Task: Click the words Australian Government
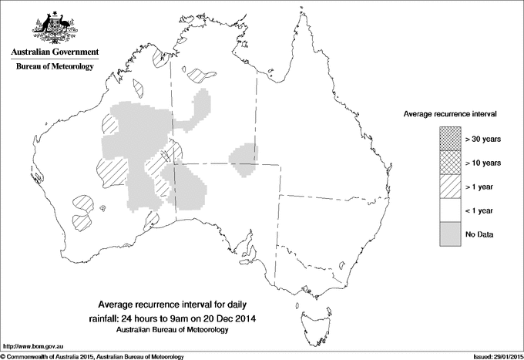(x=54, y=52)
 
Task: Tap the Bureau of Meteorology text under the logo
(x=54, y=67)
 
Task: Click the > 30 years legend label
(x=483, y=139)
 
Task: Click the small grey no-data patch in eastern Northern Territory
(x=244, y=154)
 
